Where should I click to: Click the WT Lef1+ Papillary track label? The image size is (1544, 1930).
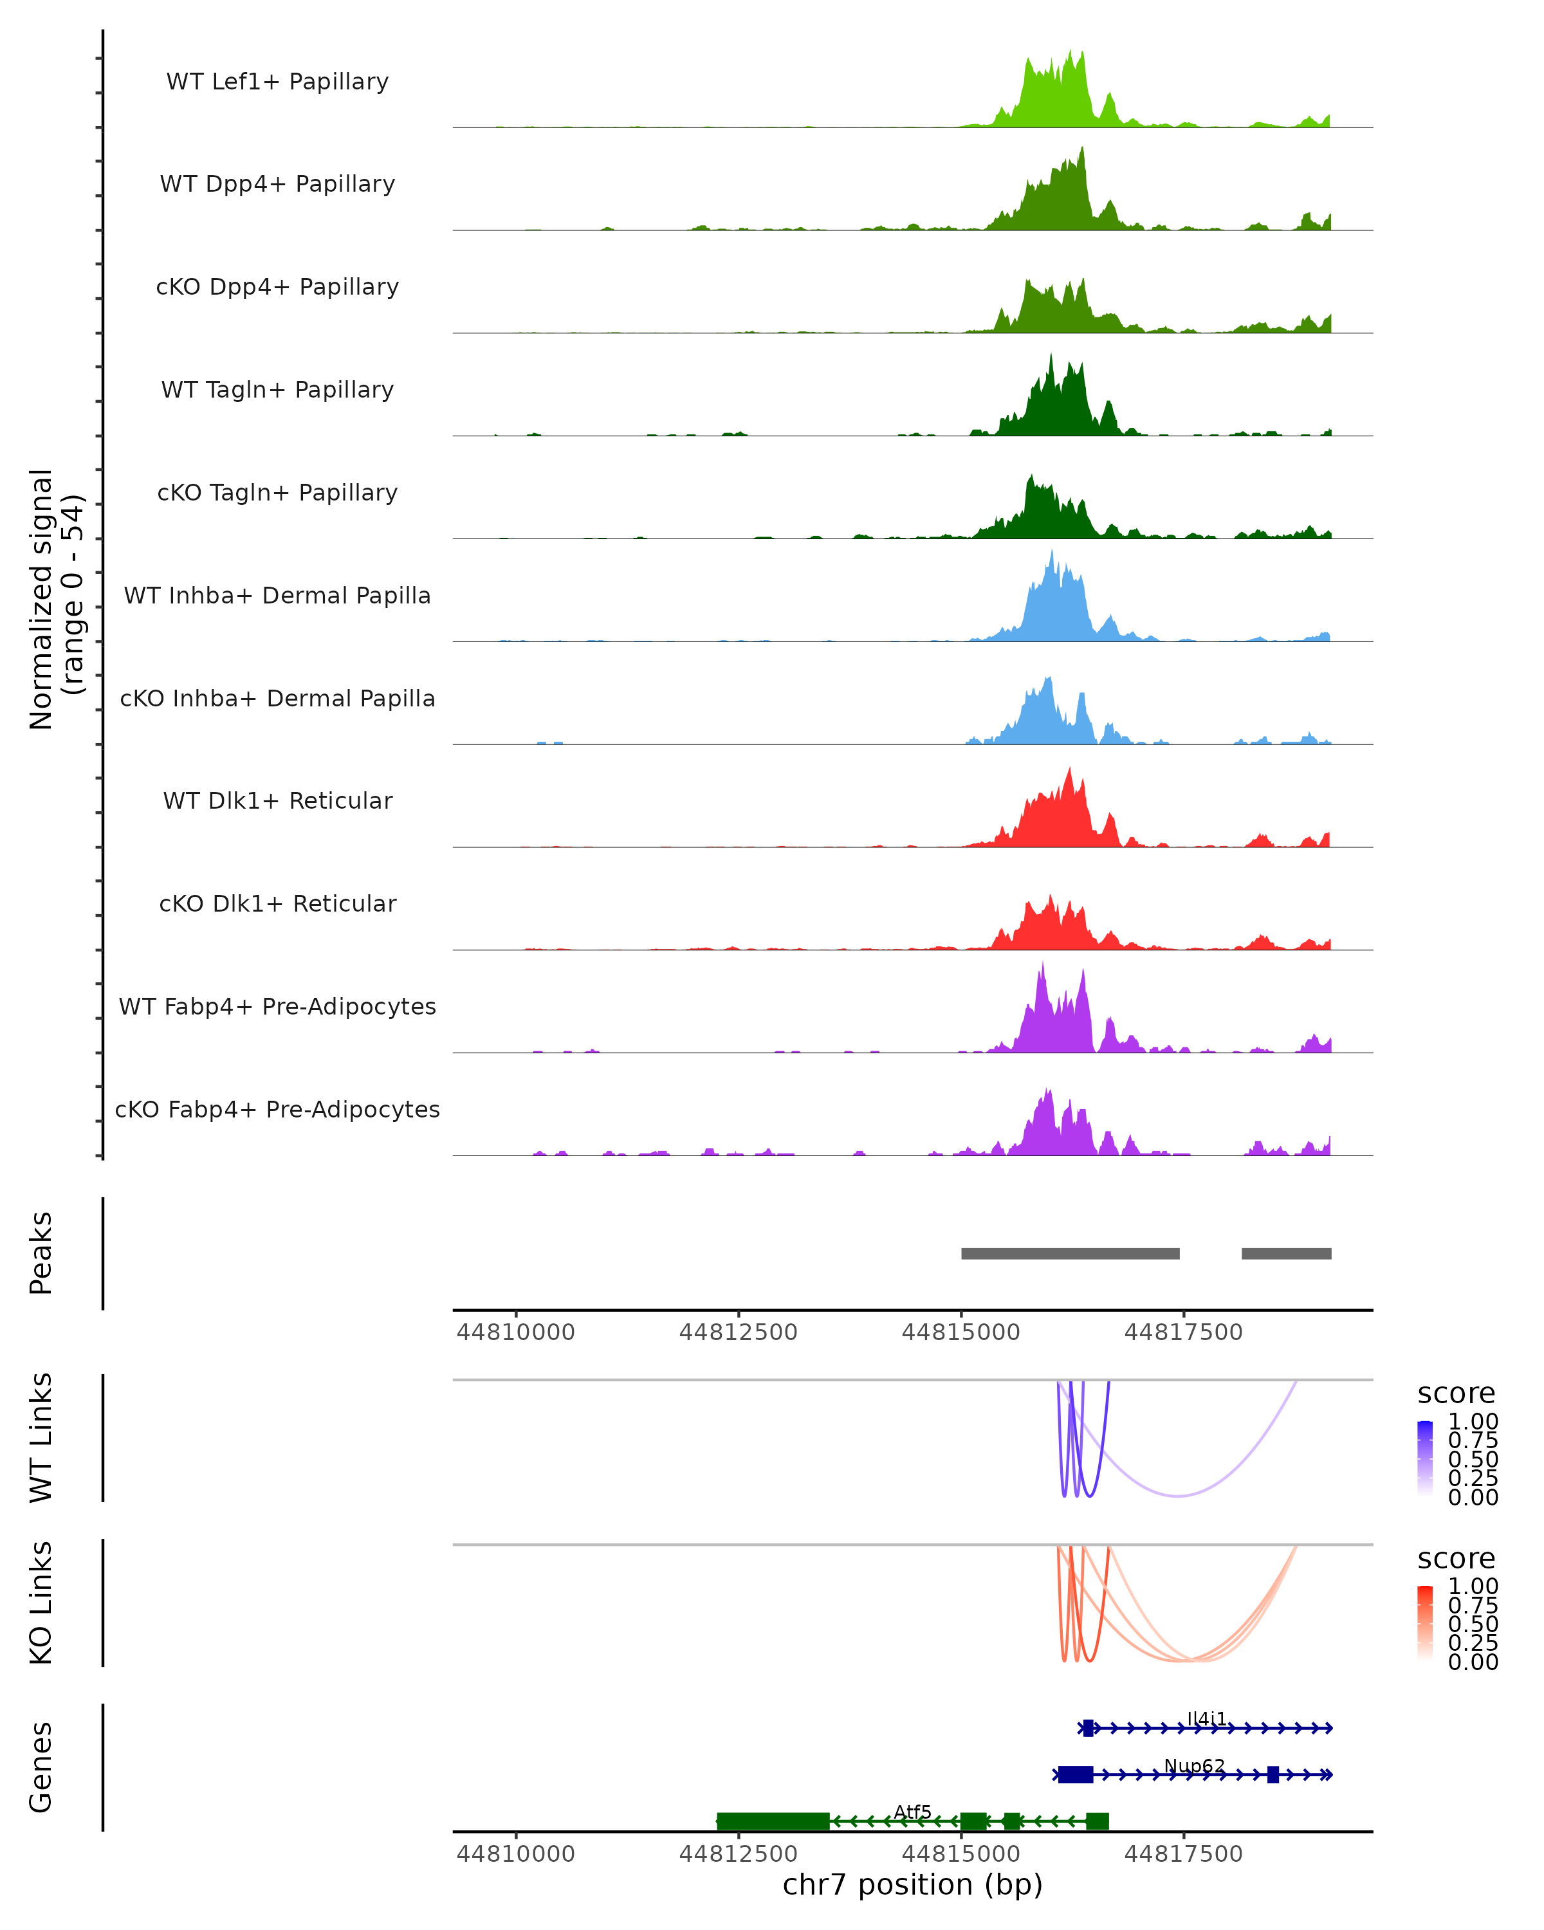pyautogui.click(x=277, y=82)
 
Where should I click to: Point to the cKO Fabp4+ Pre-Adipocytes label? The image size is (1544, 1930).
pyautogui.click(x=277, y=1109)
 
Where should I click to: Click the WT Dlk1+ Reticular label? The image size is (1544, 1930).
pyautogui.click(x=277, y=800)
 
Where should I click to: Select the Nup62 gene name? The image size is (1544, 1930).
pyautogui.click(x=1194, y=1765)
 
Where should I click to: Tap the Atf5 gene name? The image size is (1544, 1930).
pyautogui.click(x=913, y=1812)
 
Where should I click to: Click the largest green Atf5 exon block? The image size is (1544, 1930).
pyautogui.click(x=773, y=1821)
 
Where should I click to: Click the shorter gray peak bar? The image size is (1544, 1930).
pyautogui.click(x=1286, y=1253)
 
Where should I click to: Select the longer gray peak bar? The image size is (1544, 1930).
pyautogui.click(x=1070, y=1253)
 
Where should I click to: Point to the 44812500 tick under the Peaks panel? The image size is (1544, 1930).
pyautogui.click(x=739, y=1332)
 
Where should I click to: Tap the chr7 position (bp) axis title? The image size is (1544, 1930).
pyautogui.click(x=912, y=1884)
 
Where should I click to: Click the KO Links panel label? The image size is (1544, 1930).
pyautogui.click(x=41, y=1603)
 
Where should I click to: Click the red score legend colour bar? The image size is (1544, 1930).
pyautogui.click(x=1425, y=1623)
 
